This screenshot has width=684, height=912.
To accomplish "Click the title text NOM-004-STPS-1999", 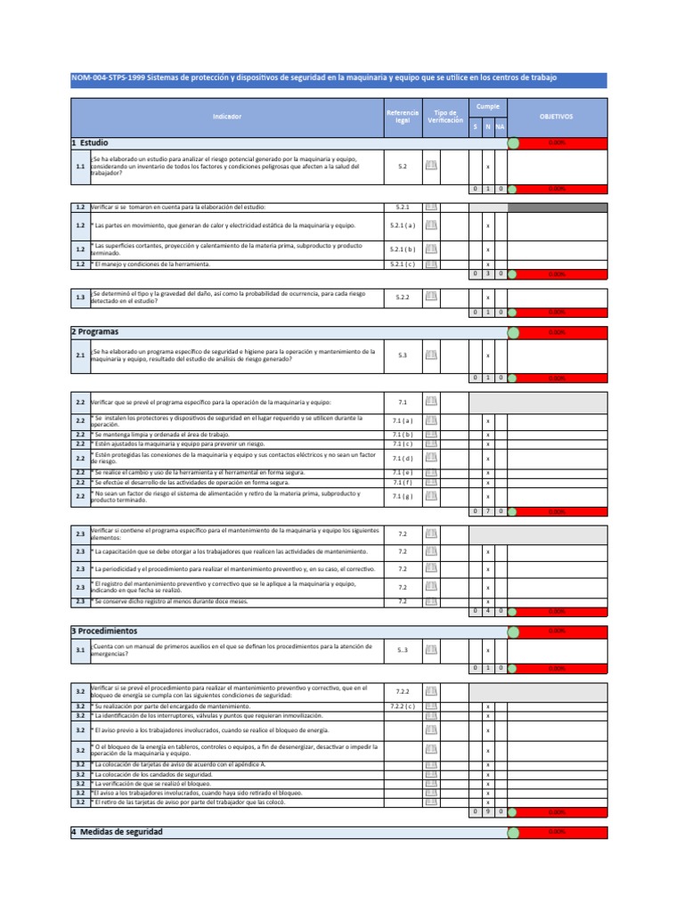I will [108, 78].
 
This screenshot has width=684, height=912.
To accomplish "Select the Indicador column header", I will [226, 117].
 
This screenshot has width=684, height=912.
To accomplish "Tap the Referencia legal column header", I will [403, 117].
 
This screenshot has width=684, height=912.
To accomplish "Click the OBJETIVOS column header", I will [557, 117].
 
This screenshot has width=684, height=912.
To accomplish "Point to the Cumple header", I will [488, 106].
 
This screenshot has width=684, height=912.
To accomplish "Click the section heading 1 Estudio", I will [90, 142].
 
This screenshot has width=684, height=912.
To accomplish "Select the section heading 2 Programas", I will [95, 331].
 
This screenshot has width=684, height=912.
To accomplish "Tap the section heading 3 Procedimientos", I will [104, 631].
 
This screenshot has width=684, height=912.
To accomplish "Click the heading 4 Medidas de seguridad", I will [117, 832].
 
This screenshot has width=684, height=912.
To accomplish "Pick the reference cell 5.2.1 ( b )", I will [403, 249].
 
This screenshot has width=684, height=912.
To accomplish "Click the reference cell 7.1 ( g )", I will [403, 496].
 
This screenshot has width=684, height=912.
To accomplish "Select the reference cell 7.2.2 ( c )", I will [403, 706].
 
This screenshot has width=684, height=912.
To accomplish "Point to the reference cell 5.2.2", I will [403, 297].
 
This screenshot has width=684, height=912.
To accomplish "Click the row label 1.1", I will [80, 167].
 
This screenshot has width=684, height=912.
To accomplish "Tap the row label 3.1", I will [80, 650].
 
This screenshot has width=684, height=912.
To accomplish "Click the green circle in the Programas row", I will [513, 331].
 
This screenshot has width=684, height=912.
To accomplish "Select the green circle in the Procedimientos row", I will [513, 631].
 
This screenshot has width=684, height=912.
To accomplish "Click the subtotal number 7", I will [488, 512].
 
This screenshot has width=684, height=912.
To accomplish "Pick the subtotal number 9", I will [488, 811].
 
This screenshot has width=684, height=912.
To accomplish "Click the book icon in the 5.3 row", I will [431, 355].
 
